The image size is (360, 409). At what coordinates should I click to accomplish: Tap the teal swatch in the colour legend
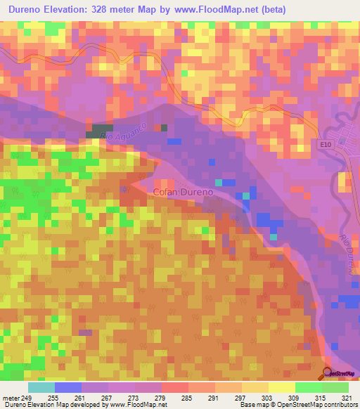[41, 387]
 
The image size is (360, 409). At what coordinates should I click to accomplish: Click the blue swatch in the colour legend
[68, 387]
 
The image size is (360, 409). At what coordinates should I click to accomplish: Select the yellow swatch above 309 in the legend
[282, 387]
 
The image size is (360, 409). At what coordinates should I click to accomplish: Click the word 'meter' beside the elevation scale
[9, 398]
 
